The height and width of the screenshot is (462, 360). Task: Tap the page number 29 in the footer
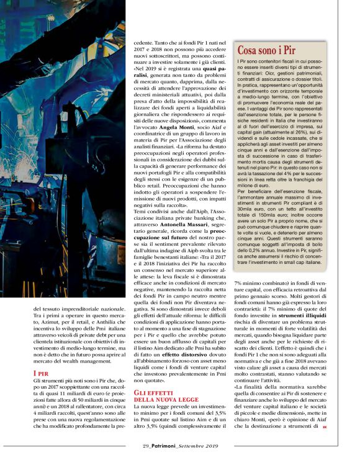click(145, 445)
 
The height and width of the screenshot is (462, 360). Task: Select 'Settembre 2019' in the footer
click(199, 445)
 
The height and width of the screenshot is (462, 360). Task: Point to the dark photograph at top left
click(71, 149)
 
